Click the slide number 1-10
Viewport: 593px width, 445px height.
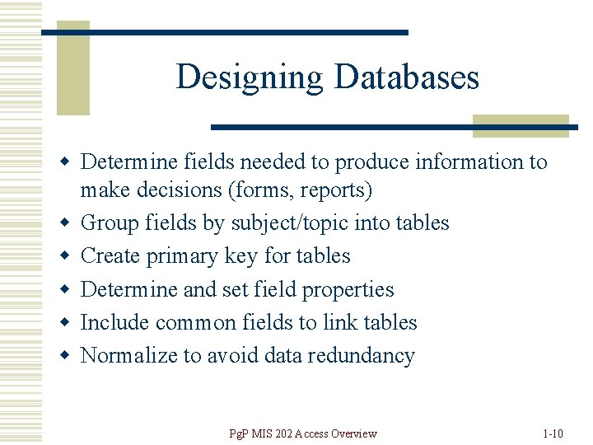click(x=553, y=433)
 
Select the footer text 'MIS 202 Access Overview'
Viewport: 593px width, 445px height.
click(x=311, y=433)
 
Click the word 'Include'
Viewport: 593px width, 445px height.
click(x=115, y=323)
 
